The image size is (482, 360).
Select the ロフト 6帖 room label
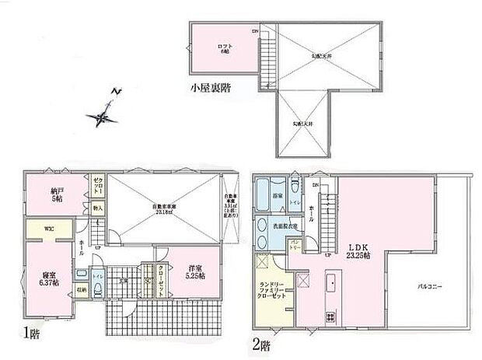(x=225, y=48)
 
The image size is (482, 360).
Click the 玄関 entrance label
(x=123, y=281)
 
